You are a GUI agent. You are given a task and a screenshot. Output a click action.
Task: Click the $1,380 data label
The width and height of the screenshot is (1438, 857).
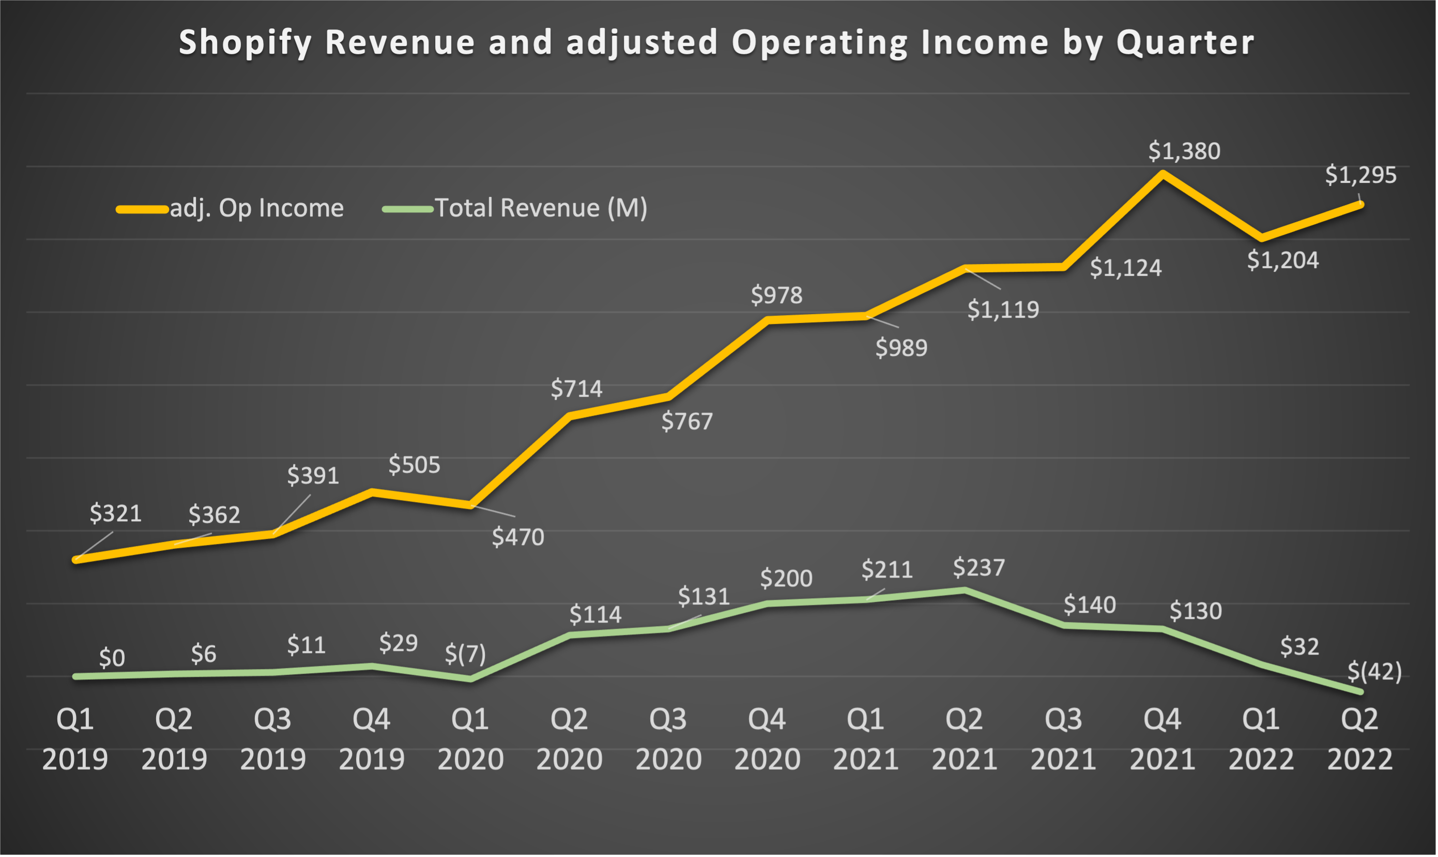click(x=1184, y=151)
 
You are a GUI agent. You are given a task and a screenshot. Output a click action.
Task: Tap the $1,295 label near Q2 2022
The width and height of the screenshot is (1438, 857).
click(x=1360, y=175)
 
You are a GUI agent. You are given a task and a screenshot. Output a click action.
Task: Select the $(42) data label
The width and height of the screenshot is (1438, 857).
click(x=1374, y=671)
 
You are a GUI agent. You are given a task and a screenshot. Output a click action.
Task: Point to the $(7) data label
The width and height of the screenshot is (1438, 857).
click(x=465, y=653)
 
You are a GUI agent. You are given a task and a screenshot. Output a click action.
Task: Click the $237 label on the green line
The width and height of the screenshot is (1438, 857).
click(x=978, y=567)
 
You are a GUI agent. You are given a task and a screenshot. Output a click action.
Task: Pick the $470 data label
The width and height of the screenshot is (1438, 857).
click(x=517, y=537)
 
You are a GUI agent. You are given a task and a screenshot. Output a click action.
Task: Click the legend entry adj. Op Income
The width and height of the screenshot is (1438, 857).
click(x=256, y=208)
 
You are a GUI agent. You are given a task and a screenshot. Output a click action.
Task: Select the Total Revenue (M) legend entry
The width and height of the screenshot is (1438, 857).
click(x=540, y=208)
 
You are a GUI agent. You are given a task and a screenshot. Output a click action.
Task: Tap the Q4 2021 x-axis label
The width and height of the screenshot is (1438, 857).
click(x=1162, y=739)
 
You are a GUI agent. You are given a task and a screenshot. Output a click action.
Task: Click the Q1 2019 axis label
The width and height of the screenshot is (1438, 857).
click(x=75, y=739)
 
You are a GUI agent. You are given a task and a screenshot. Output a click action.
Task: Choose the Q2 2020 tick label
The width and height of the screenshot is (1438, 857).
click(x=569, y=739)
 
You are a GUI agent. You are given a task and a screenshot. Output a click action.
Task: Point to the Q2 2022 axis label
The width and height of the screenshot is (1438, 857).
click(x=1359, y=739)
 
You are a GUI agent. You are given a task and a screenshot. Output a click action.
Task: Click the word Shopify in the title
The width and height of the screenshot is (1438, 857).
click(x=245, y=43)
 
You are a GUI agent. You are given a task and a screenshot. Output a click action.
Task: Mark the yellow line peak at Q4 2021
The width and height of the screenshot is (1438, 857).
click(x=1162, y=173)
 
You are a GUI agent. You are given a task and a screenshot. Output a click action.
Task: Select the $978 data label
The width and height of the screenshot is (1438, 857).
click(x=776, y=295)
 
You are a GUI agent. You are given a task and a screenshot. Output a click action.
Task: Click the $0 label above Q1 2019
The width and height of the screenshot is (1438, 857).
click(x=112, y=658)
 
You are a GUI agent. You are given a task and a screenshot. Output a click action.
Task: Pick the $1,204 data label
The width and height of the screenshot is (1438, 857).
click(x=1282, y=260)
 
